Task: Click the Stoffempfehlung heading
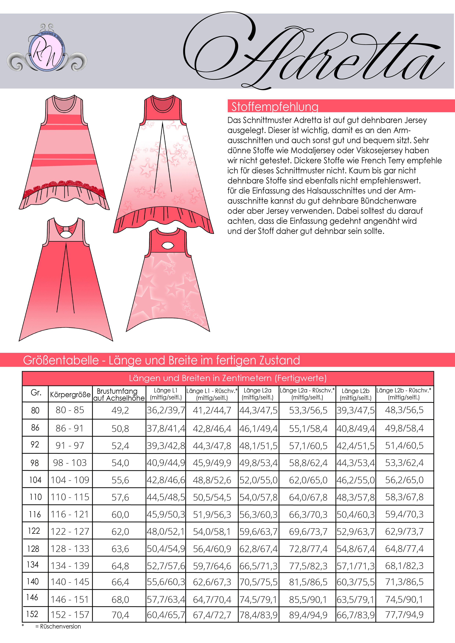(x=275, y=107)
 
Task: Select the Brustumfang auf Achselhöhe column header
(x=119, y=394)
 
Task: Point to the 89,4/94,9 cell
(x=308, y=615)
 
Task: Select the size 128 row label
(x=33, y=549)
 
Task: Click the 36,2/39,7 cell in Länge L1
(x=166, y=410)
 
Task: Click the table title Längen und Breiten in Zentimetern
(x=227, y=378)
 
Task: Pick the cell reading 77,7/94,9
(x=404, y=615)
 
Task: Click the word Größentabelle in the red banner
(x=61, y=360)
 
